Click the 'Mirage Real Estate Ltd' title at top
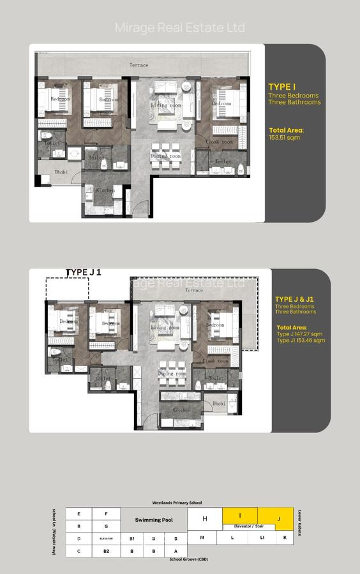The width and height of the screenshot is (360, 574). click(179, 27)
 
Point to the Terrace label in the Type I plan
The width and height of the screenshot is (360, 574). click(139, 65)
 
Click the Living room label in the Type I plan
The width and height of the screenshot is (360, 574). click(163, 104)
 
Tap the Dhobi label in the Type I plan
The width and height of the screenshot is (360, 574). click(61, 172)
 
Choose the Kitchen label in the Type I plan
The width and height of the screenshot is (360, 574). click(105, 190)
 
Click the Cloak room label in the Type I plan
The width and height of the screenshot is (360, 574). click(218, 142)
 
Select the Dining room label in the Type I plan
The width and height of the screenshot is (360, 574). click(165, 156)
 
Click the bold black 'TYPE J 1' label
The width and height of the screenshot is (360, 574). click(84, 272)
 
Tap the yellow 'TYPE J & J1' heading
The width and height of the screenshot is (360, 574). click(294, 298)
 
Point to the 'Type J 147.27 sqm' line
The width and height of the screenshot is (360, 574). click(300, 334)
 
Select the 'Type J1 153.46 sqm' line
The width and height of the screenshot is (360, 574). click(301, 341)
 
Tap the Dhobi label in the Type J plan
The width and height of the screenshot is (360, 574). click(219, 403)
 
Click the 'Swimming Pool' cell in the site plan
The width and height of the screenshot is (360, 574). click(154, 520)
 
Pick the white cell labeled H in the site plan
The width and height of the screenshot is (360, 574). click(205, 519)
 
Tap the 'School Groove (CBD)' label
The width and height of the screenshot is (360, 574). click(190, 559)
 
